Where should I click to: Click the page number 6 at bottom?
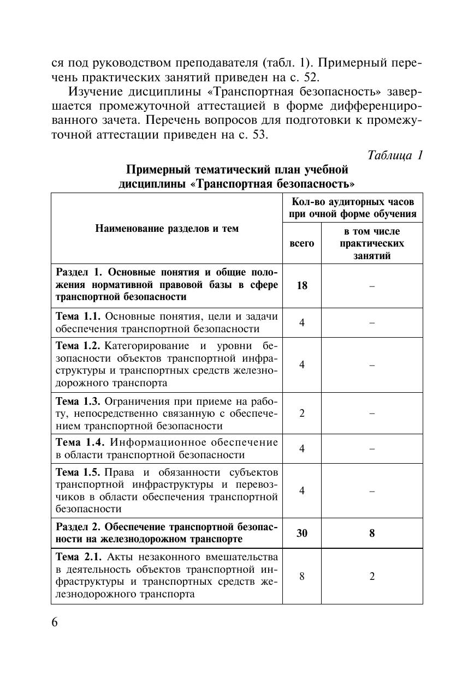coord(55,623)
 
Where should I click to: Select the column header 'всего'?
coord(301,243)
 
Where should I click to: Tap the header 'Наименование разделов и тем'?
coord(167,229)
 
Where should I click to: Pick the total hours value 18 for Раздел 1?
coord(301,285)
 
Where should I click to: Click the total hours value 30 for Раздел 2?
coord(301,533)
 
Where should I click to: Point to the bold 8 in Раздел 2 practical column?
coord(372,533)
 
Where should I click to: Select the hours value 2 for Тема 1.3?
coord(301,413)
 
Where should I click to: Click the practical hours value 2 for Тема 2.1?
coord(372,576)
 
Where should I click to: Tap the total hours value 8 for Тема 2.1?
coord(301,576)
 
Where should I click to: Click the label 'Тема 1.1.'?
coord(78,316)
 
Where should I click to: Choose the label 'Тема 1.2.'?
coord(78,346)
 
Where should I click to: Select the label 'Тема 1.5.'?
coord(78,472)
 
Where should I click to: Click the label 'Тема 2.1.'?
coord(79,557)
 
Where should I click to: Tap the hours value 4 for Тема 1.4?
coord(301,448)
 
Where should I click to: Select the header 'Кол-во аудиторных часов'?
coord(353,201)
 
